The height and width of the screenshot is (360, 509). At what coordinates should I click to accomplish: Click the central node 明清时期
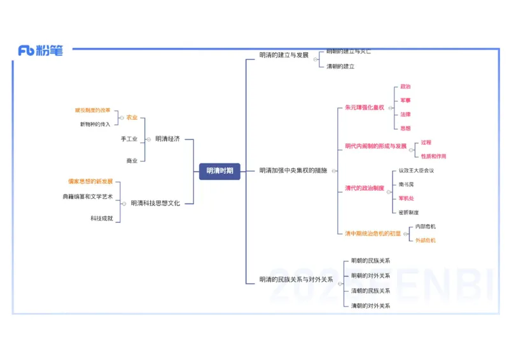pos(220,170)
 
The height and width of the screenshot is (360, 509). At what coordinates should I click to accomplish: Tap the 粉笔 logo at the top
pos(41,51)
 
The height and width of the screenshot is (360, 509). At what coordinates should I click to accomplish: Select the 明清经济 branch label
pos(167,139)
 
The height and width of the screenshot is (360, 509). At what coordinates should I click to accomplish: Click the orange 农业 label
pos(132,118)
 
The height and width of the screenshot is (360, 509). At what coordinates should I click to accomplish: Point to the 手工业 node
pos(129,139)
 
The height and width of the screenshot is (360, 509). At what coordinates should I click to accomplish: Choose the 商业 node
pos(132,161)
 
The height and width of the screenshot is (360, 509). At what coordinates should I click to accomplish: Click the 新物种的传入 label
pos(95,124)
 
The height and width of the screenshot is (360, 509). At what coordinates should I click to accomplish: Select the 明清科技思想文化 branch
pos(155,203)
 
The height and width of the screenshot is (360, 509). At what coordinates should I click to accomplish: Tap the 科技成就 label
pos(102,218)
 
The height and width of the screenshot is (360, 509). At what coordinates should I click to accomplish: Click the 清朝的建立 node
pos(340,66)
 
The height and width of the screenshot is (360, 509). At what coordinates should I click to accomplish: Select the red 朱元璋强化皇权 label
pos(365,107)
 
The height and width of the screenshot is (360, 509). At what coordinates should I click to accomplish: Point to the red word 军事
pos(405,100)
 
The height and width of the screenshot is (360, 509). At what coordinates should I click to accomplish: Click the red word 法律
pos(405,114)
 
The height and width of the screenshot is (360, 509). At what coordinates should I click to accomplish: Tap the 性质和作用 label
pos(433,156)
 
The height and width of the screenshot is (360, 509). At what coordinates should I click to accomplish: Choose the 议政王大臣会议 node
pos(416,170)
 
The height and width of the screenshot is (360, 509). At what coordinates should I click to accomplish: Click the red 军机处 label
pos(406,198)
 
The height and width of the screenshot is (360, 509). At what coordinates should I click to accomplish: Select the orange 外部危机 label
pos(426,240)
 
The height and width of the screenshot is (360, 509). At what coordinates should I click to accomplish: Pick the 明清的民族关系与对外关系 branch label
pos(296,279)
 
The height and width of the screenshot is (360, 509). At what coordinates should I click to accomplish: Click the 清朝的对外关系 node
pos(371,306)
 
